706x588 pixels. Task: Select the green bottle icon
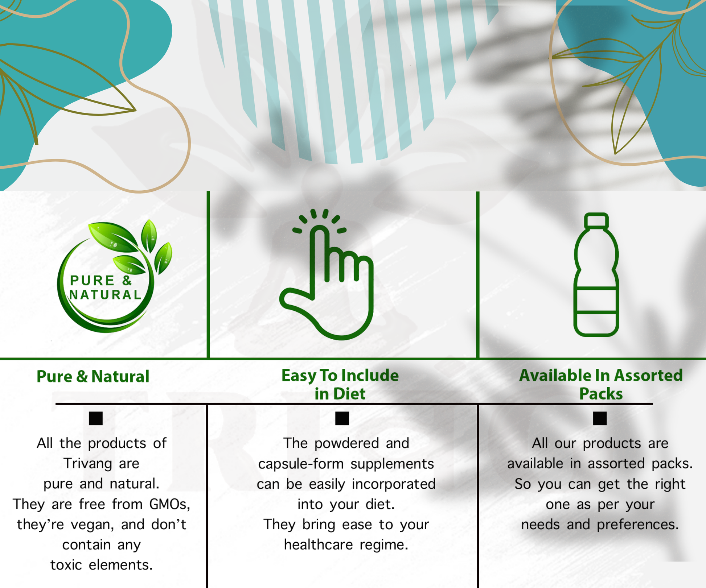[x=596, y=274]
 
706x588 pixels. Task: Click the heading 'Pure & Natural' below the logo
[x=93, y=376]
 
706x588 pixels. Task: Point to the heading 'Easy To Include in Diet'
[x=340, y=384]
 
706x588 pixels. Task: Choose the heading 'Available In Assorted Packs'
[x=601, y=384]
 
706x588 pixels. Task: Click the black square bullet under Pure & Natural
[x=96, y=418]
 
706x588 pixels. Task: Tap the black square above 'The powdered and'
[x=342, y=418]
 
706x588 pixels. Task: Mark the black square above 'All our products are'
[x=600, y=418]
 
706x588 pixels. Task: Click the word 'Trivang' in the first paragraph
[x=87, y=464]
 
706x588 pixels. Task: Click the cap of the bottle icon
[x=596, y=220]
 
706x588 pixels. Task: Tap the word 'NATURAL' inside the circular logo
[x=105, y=295]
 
